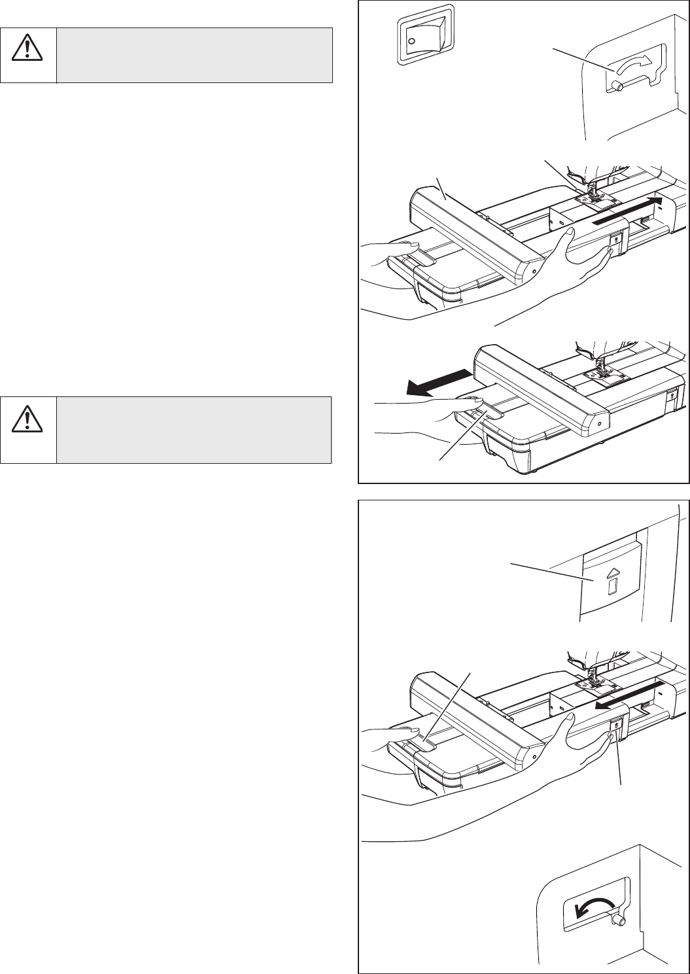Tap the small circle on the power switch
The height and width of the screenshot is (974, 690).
pos(410,41)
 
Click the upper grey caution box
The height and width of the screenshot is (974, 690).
pos(194,55)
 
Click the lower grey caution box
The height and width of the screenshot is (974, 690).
pos(194,429)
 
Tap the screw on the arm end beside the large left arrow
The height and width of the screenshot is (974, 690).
pos(598,423)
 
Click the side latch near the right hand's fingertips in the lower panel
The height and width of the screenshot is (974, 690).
pos(615,725)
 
